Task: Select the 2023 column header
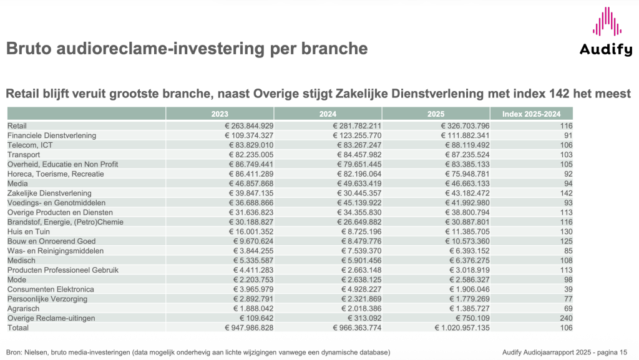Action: coord(220,114)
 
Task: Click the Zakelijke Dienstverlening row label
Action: coord(49,193)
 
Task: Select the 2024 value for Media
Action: coord(350,183)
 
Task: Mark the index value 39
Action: coord(566,289)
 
